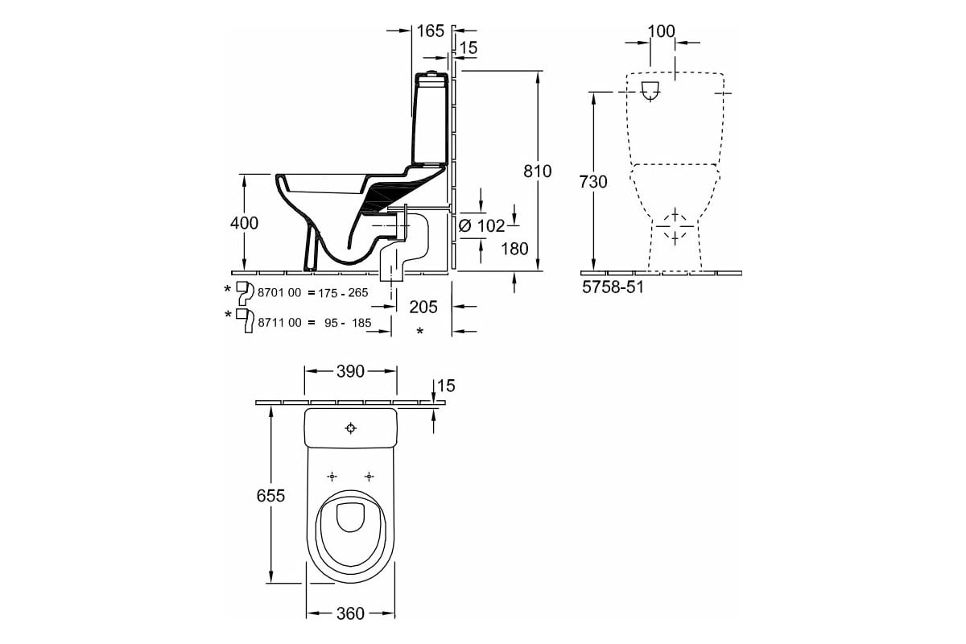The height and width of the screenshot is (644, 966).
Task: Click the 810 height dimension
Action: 538,171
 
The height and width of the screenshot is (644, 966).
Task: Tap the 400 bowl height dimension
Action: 243,223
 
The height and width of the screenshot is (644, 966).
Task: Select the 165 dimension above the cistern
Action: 430,31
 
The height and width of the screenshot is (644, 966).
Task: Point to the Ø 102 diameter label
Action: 481,226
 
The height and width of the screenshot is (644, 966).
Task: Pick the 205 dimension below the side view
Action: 423,307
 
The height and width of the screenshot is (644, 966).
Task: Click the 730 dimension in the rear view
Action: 593,182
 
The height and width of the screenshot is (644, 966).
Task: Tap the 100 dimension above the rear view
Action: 661,31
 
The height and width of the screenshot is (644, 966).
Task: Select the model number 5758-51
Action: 613,286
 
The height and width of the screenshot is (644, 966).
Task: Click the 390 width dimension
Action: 350,371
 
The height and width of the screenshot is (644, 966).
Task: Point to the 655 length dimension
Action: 271,496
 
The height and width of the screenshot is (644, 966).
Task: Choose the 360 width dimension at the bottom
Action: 349,613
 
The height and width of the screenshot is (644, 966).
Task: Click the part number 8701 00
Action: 279,293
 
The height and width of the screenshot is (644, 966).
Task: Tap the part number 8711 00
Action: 279,323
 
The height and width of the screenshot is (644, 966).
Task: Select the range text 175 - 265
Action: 343,293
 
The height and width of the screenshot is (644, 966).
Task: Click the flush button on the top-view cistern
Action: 352,427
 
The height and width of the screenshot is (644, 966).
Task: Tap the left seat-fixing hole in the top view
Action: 332,476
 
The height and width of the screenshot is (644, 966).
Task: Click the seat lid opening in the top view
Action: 350,517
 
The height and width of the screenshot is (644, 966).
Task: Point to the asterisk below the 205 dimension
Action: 420,332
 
